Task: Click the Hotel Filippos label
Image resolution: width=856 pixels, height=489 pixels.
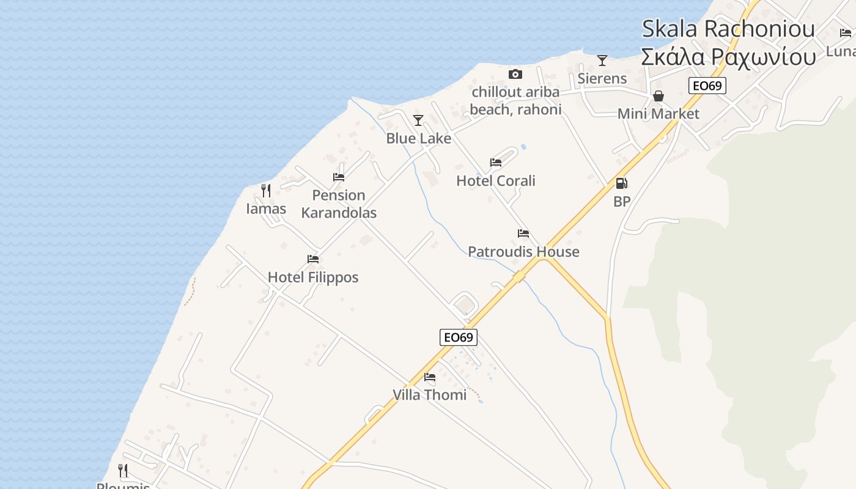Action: [x=313, y=278]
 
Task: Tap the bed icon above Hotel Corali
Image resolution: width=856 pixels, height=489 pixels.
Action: [x=496, y=163]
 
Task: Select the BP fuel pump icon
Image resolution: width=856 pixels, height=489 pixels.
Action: [x=621, y=183]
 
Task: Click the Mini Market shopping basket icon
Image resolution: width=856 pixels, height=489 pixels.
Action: [x=659, y=96]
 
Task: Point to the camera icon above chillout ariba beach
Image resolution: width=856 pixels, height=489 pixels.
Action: [x=515, y=75]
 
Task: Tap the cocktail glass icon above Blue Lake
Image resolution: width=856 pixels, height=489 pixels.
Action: [x=418, y=120]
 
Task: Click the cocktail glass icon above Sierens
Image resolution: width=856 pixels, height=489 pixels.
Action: [x=602, y=60]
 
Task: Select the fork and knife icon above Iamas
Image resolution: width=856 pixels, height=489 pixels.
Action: [x=266, y=191]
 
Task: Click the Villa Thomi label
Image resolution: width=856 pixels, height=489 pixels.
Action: [x=429, y=395]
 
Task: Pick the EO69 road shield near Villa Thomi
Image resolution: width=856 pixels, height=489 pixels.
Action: [x=458, y=337]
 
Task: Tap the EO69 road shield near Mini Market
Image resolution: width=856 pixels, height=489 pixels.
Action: [x=707, y=86]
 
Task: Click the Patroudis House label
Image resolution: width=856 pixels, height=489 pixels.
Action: [x=523, y=252]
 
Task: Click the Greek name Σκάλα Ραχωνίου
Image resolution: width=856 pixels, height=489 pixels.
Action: [x=728, y=57]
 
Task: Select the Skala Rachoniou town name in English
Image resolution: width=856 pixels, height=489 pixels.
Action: [x=728, y=29]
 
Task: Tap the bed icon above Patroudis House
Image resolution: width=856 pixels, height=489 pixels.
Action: [x=523, y=233]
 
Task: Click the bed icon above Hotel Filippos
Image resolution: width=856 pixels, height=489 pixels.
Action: [x=313, y=259]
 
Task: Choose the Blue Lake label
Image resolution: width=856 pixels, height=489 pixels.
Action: [x=418, y=139]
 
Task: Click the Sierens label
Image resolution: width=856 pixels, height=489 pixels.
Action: [x=602, y=78]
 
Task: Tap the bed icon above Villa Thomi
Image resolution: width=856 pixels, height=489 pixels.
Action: [x=430, y=377]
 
